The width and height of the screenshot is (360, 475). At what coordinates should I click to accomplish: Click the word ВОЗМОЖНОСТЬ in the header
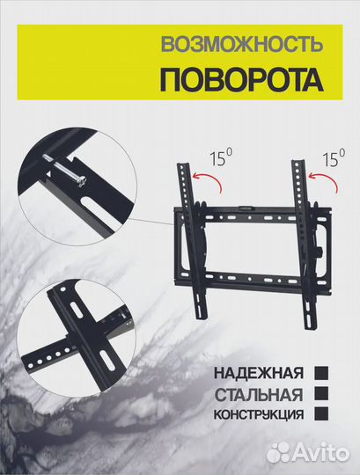coord(239,43)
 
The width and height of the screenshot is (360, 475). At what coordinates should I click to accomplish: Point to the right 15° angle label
coord(334,159)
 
